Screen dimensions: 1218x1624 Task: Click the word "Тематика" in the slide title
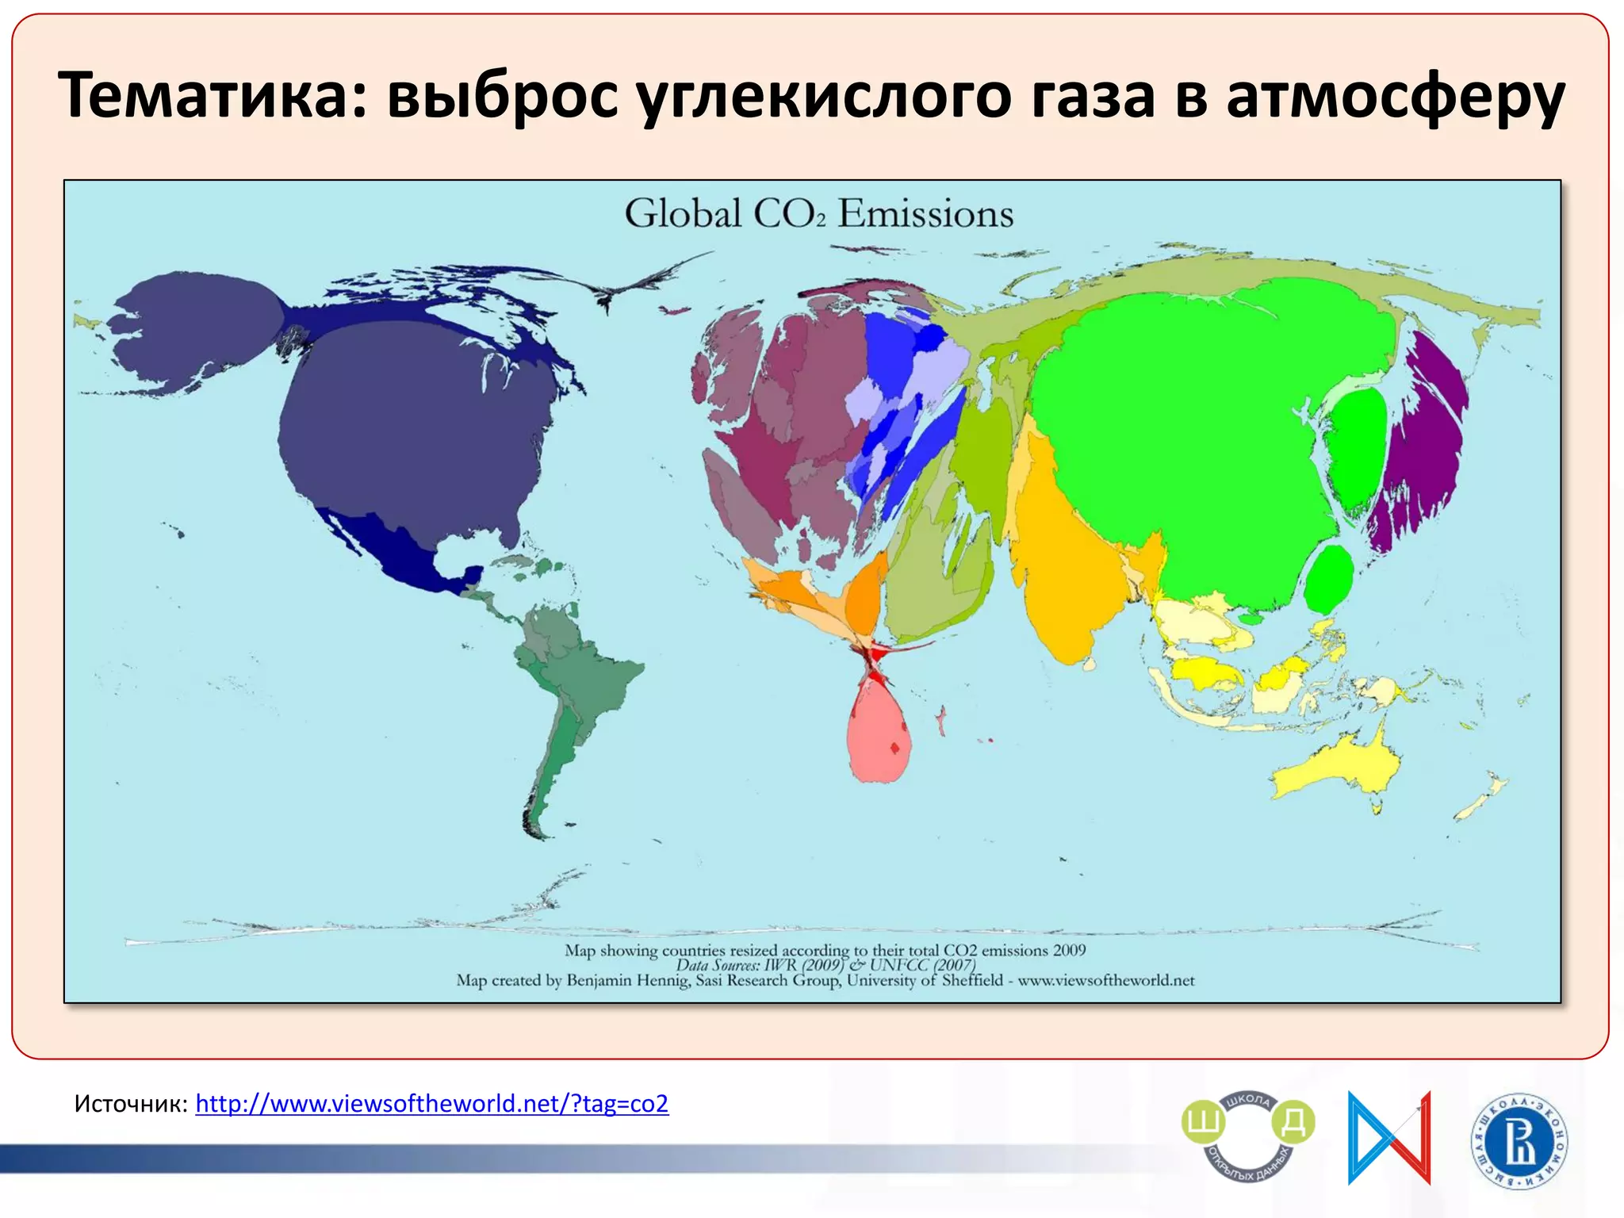[213, 96]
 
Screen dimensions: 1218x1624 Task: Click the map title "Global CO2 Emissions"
[818, 214]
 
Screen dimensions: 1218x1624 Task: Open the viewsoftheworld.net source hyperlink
[431, 1103]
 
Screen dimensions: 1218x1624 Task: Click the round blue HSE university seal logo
[1519, 1141]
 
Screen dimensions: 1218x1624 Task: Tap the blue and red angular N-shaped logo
[1389, 1138]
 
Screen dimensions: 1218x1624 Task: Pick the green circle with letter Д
[1293, 1123]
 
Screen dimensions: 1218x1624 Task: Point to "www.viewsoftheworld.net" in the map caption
[1105, 981]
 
